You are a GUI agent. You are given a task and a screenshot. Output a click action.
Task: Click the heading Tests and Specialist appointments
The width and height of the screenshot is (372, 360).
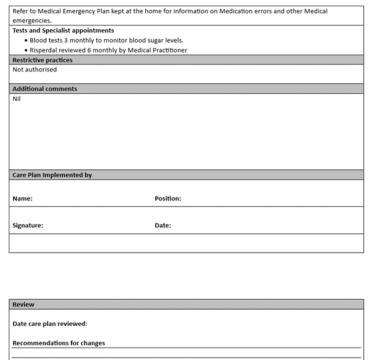[x=63, y=30]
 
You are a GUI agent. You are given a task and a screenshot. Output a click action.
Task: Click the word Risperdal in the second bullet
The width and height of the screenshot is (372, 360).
[x=44, y=50]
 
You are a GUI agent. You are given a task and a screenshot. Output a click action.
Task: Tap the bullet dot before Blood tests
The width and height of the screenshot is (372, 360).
[x=26, y=40]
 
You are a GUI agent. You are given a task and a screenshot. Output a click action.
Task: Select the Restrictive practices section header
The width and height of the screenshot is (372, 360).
[x=42, y=60]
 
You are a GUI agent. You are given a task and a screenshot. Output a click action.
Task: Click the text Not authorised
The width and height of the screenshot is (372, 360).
[x=35, y=70]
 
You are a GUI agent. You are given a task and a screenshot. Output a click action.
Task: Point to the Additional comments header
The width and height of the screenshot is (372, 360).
[x=45, y=89]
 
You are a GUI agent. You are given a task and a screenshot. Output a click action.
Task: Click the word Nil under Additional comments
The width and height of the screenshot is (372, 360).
[x=17, y=98]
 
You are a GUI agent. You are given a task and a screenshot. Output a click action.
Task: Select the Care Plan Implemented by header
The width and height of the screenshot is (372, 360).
[x=52, y=175]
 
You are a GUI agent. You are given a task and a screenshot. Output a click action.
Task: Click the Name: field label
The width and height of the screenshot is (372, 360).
[x=22, y=199]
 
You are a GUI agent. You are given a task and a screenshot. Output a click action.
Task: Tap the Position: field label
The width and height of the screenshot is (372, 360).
[x=168, y=199]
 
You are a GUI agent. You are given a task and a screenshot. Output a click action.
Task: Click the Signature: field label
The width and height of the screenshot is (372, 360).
[x=28, y=225]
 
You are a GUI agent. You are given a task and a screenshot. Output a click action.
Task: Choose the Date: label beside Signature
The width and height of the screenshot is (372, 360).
[x=163, y=225]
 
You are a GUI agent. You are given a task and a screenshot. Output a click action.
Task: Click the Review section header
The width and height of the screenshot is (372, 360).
[x=24, y=305]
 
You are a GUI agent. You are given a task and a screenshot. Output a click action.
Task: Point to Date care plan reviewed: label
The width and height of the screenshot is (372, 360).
[x=50, y=323]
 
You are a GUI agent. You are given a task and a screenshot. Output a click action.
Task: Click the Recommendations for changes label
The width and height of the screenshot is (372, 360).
[x=59, y=343]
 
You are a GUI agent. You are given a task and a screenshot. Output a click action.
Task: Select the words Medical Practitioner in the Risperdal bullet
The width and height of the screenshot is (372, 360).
[x=158, y=50]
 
